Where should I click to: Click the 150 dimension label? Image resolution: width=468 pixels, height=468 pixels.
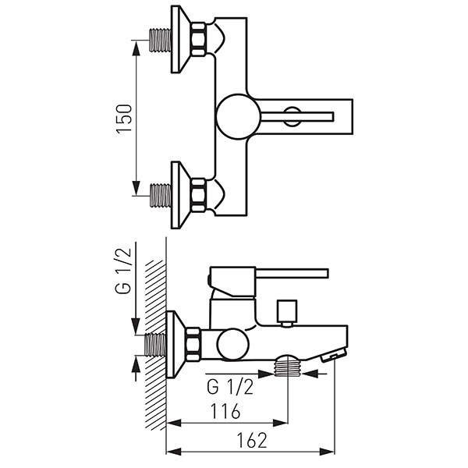(x=123, y=119)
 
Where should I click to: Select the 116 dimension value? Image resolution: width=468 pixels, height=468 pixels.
(x=225, y=411)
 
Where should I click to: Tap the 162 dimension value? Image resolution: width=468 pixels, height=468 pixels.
(x=251, y=441)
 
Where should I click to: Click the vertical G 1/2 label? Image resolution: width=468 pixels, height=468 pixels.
(x=123, y=271)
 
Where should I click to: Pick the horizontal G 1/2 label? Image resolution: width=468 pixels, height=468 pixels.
(x=230, y=388)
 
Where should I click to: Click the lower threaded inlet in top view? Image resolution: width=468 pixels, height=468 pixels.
(x=160, y=196)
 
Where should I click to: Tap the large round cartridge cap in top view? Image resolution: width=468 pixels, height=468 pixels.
(x=239, y=117)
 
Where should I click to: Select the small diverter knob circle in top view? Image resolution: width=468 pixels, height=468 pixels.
(x=292, y=116)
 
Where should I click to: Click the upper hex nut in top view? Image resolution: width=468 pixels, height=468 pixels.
(x=198, y=40)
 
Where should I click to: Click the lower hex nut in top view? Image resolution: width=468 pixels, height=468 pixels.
(x=198, y=196)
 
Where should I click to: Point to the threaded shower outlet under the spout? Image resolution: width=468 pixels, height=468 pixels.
(x=288, y=366)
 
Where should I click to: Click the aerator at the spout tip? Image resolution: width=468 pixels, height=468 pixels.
(x=334, y=355)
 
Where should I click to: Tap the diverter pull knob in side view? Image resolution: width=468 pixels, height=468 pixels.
(x=287, y=313)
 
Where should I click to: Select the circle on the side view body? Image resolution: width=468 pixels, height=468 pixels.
(x=233, y=345)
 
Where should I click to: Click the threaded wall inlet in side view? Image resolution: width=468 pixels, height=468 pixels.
(x=155, y=345)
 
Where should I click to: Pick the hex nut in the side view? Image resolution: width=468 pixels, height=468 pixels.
(x=193, y=345)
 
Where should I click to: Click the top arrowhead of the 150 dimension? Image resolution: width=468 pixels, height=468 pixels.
(x=136, y=48)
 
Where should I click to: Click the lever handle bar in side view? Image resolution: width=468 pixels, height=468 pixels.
(x=292, y=274)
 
